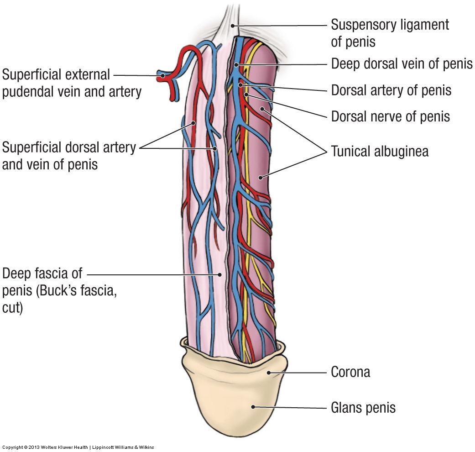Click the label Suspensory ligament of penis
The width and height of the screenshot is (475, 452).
(x=390, y=32)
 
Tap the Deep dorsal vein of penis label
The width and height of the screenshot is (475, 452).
(x=402, y=63)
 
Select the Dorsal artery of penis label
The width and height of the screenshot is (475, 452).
(x=391, y=90)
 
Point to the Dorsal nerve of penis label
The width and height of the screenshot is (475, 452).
(x=390, y=116)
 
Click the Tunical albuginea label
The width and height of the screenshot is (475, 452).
(x=380, y=151)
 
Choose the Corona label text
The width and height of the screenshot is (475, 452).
(x=350, y=372)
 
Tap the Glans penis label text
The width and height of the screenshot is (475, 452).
(x=363, y=407)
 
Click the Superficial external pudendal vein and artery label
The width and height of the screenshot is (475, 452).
(x=72, y=83)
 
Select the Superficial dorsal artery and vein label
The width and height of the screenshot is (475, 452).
(x=69, y=155)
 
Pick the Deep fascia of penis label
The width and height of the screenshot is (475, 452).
(x=59, y=290)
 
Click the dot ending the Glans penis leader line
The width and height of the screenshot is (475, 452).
(x=253, y=406)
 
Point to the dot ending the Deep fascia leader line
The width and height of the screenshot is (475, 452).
(x=220, y=274)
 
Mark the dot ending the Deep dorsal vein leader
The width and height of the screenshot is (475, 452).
(x=236, y=65)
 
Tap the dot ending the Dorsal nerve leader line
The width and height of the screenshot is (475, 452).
(x=246, y=95)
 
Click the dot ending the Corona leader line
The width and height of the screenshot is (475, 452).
(x=268, y=372)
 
